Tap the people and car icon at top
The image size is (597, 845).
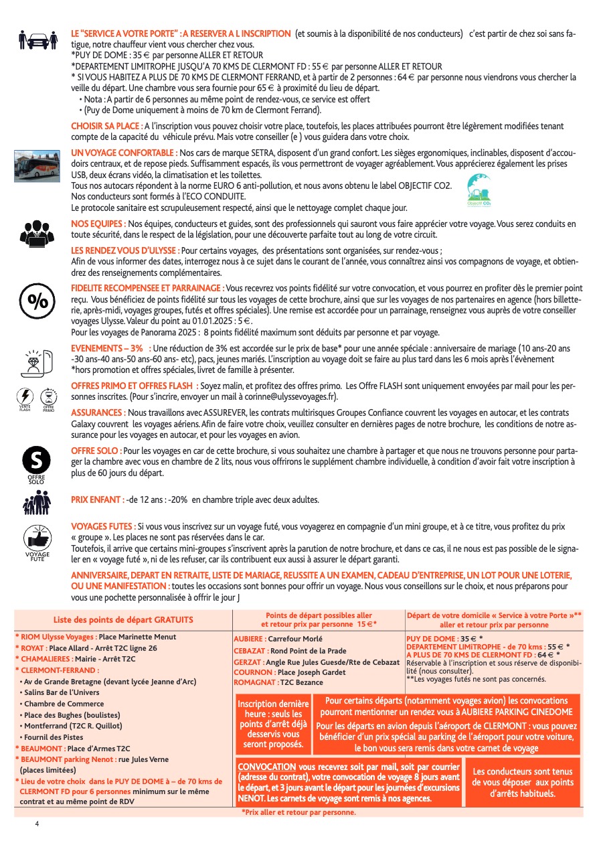(x=37, y=40)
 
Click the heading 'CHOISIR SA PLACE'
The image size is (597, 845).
(x=106, y=126)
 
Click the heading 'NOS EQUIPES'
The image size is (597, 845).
(x=98, y=223)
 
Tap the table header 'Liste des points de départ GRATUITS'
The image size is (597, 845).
(x=123, y=620)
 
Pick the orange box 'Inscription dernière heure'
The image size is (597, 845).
(x=273, y=724)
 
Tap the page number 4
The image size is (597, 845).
(x=37, y=824)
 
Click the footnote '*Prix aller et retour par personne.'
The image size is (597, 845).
(x=298, y=812)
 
